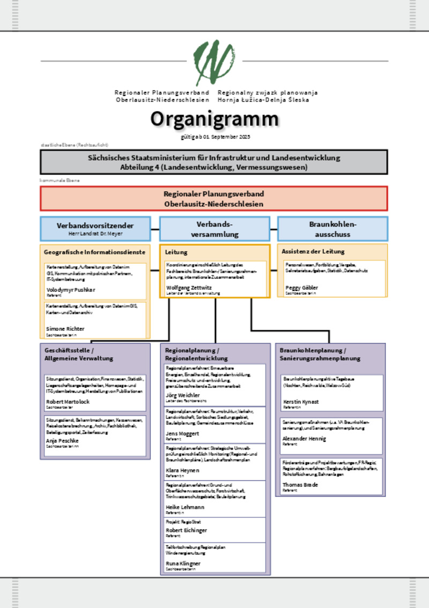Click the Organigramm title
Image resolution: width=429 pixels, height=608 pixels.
[214, 119]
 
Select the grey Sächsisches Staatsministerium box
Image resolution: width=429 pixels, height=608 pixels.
[214, 162]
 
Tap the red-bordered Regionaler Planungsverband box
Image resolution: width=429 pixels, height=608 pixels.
[214, 199]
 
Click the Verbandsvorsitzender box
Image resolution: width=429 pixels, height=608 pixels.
[95, 228]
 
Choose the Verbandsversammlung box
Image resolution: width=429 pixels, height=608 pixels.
[214, 229]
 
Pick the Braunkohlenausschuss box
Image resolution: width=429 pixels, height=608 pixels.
[332, 229]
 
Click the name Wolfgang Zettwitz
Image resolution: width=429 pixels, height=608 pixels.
[189, 287]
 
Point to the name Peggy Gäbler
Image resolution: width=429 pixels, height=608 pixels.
[301, 288]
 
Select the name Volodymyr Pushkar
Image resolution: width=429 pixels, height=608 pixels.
[71, 289]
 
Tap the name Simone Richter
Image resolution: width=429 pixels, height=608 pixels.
[65, 329]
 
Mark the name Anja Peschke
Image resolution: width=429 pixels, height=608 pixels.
[62, 440]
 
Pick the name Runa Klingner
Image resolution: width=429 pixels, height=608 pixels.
[183, 563]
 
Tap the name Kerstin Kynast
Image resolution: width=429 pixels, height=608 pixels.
[301, 402]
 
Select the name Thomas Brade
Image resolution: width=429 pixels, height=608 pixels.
[300, 484]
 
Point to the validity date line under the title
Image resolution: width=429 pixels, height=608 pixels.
[216, 137]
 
